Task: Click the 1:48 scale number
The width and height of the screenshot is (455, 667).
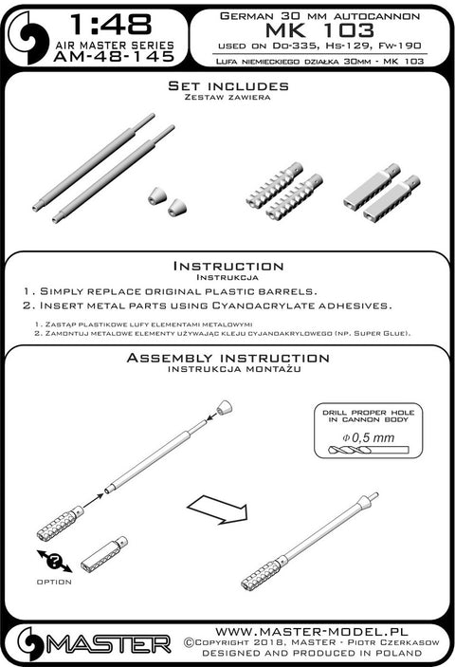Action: click(111, 25)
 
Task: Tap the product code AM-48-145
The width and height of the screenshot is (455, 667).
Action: click(115, 57)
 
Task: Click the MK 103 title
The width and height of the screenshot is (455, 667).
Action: click(319, 30)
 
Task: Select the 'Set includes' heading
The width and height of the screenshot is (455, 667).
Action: click(228, 86)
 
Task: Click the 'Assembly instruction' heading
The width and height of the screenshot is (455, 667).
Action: click(227, 358)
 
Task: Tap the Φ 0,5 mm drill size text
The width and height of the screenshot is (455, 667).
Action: click(369, 437)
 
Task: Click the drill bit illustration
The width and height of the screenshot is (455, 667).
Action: click(369, 450)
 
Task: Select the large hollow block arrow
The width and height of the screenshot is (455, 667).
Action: click(217, 510)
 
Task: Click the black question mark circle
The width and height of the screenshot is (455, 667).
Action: click(55, 562)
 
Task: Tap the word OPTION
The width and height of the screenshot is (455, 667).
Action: click(54, 582)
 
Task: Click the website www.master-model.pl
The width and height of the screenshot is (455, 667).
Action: click(312, 632)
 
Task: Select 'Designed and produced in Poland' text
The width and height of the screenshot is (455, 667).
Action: click(312, 653)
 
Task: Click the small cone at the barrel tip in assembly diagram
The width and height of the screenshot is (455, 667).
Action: click(226, 407)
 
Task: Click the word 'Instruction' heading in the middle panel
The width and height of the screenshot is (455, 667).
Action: click(228, 267)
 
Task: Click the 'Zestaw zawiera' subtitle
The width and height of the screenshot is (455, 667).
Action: click(227, 97)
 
